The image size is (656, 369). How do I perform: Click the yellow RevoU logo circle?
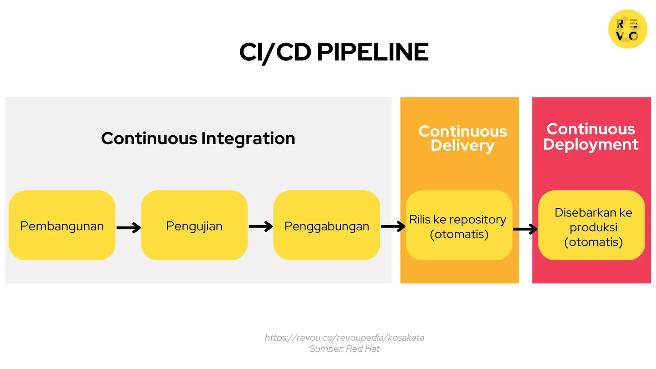click(x=627, y=29)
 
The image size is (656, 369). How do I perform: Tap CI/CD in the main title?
click(x=275, y=52)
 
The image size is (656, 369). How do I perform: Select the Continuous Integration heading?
click(x=198, y=139)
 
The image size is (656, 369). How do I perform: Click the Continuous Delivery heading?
click(x=462, y=138)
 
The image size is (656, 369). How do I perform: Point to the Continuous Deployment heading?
click(x=590, y=137)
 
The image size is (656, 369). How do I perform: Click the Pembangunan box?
click(x=62, y=225)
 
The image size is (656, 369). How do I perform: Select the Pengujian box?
click(x=194, y=225)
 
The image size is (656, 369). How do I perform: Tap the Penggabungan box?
click(x=326, y=225)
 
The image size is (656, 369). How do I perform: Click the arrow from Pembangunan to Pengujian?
click(x=128, y=228)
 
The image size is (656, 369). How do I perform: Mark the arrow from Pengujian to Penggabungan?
click(x=260, y=226)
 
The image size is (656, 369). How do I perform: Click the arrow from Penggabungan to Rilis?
click(x=393, y=226)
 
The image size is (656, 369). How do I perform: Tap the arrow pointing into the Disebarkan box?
click(x=525, y=229)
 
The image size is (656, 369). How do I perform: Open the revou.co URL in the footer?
click(x=344, y=337)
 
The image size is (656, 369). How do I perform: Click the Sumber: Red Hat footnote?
click(x=344, y=349)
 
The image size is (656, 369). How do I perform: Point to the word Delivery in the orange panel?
click(x=462, y=146)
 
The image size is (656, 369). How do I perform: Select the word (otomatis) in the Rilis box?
click(x=459, y=234)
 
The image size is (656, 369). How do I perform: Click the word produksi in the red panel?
click(x=593, y=227)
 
